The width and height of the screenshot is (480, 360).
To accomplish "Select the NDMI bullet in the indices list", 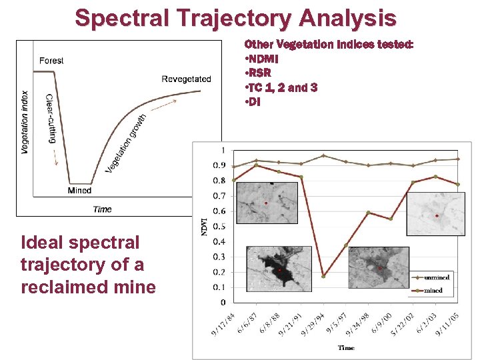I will pos(264,59).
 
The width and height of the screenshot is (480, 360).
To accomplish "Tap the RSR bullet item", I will pos(260,73).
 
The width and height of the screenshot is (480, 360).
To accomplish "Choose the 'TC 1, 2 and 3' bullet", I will pos(282,88).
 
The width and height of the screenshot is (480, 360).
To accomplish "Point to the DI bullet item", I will pos(253,102).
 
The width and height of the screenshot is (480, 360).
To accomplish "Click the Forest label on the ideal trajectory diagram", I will pos(51,61).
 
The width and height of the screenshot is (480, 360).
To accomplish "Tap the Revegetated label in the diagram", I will pos(186,79).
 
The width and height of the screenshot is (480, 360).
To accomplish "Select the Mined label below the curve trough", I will pos(79,191).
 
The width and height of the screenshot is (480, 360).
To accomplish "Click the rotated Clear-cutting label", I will pos(51,118).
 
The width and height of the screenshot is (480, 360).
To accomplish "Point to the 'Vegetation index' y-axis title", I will pos(25,123).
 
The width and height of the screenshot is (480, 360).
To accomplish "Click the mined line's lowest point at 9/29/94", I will pos(323,276).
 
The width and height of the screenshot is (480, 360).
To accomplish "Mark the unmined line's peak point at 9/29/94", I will pos(323,156).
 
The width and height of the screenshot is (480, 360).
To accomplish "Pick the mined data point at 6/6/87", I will pos(256,165).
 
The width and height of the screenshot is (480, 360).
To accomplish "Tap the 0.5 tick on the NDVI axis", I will pos(219,227).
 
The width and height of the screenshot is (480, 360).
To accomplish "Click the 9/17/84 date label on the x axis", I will pos(224,325).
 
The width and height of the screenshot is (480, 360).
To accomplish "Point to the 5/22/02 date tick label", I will pos(404,325).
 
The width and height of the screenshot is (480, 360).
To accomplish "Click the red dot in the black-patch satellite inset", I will pos(281,270).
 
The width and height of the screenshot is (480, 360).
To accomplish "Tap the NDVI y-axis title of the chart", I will pos(204,226).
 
